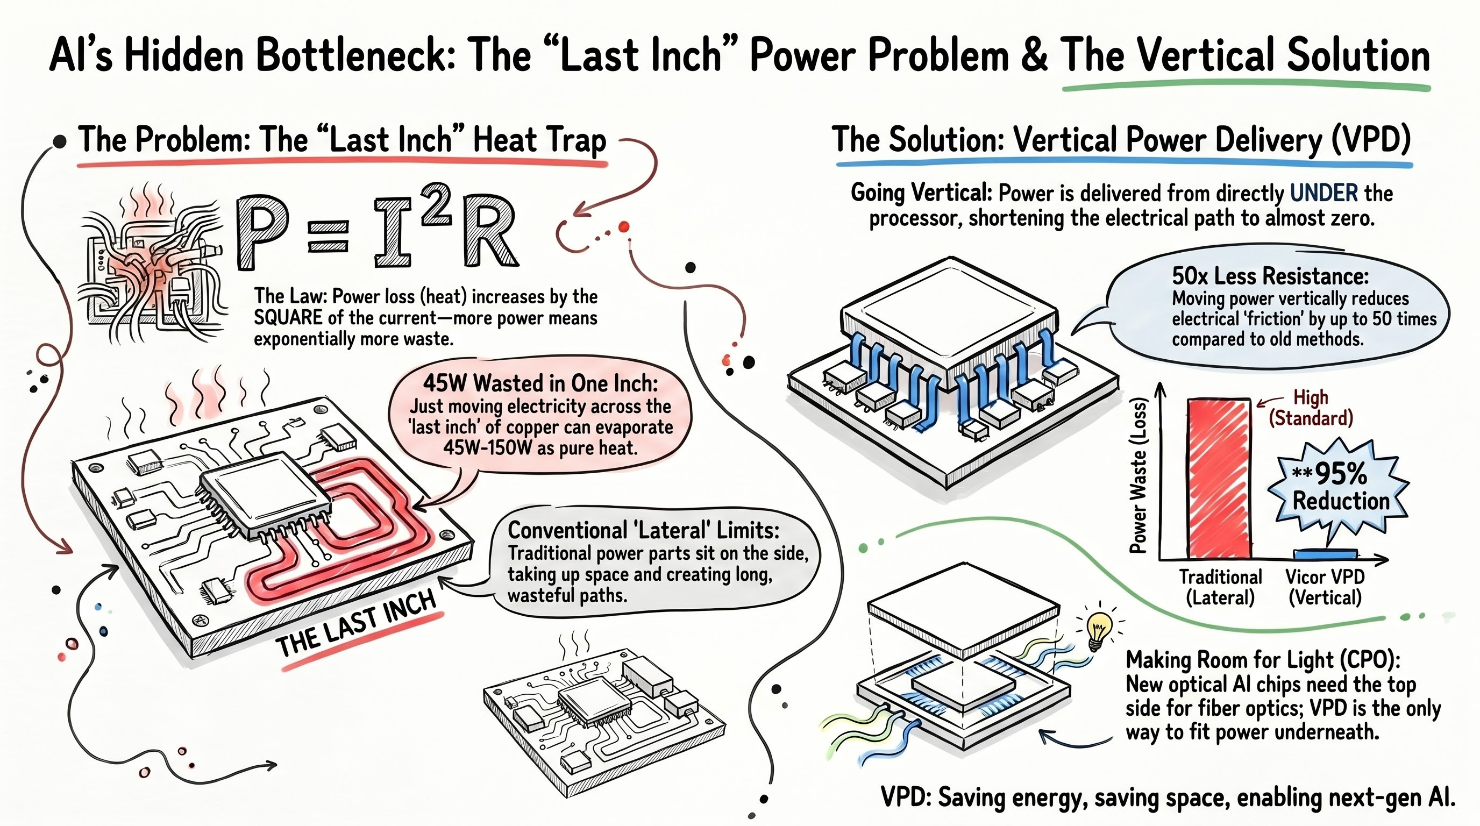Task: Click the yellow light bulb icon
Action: pyautogui.click(x=1099, y=629)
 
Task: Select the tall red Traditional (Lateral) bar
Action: pyautogui.click(x=1219, y=478)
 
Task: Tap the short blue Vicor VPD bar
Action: pyautogui.click(x=1325, y=554)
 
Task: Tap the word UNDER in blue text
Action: pyautogui.click(x=1324, y=193)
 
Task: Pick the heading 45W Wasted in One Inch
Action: pyautogui.click(x=540, y=382)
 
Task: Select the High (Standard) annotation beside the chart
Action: pyautogui.click(x=1311, y=407)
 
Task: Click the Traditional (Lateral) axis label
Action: pyautogui.click(x=1220, y=587)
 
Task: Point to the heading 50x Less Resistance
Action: pyautogui.click(x=1270, y=276)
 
